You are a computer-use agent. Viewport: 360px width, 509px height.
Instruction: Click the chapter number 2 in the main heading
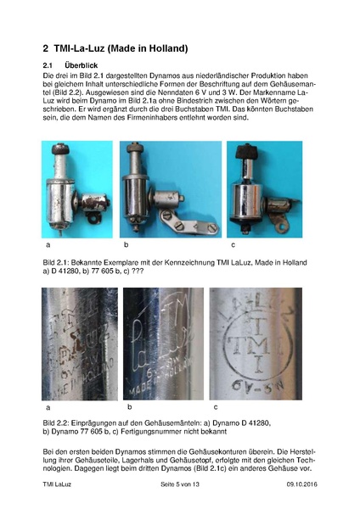tap(47, 48)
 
